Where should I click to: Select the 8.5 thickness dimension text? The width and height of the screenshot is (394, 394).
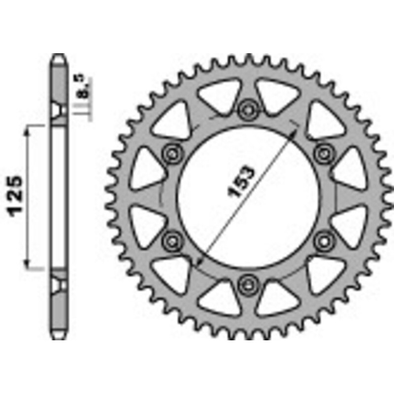[82, 87]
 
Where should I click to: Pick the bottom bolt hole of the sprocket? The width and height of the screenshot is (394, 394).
[247, 283]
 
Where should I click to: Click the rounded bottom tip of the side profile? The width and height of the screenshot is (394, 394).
[59, 337]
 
